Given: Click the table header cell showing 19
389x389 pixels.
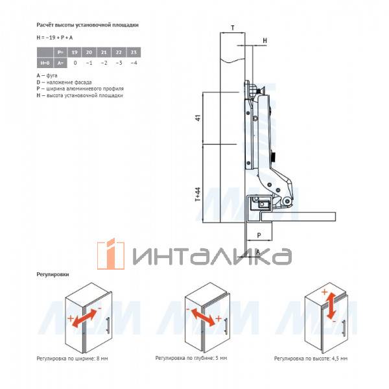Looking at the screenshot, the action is coord(75,53).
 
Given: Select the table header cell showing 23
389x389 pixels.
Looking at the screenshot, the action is coord(134,53).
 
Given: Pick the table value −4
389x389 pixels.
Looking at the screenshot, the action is coord(134,63).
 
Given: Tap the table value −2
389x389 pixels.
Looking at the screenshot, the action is coord(104,63).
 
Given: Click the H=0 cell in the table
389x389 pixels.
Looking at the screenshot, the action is coord(45,63).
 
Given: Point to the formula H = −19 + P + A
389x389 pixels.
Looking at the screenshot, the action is coord(54,38).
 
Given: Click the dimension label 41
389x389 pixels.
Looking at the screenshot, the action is coord(198,118).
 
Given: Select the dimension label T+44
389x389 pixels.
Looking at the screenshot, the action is coord(198,194).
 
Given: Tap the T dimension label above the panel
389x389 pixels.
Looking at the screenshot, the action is coord(233,28).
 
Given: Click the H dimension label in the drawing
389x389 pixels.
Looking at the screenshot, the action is coord(265,40).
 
